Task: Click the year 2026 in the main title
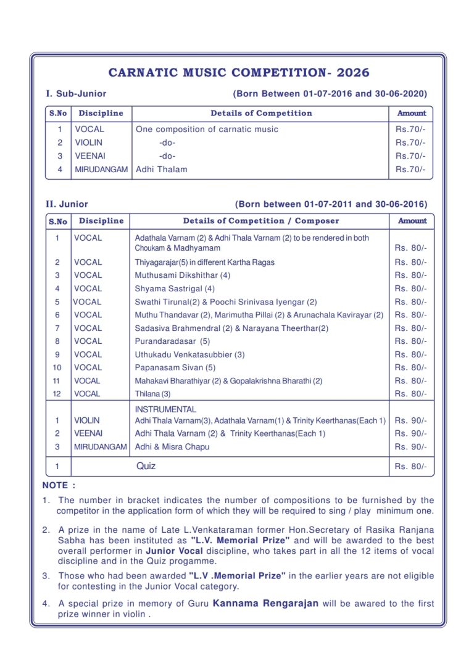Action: [354, 73]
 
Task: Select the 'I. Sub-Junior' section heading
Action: [76, 94]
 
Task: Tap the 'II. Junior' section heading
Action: [67, 204]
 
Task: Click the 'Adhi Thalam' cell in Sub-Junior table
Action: [161, 169]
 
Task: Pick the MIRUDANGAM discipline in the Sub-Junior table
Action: [101, 169]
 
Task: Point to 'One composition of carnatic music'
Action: [207, 130]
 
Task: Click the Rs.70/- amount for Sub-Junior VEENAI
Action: [410, 156]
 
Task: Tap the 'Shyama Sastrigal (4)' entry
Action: [175, 288]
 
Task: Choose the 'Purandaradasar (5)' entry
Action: [172, 341]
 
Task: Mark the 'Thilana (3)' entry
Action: [152, 394]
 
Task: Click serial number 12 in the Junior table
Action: [57, 394]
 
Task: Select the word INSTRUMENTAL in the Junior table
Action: [165, 409]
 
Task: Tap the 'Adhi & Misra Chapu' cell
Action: [172, 447]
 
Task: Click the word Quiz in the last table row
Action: [146, 466]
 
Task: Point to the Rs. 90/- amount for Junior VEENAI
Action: [410, 433]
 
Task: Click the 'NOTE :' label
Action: [59, 486]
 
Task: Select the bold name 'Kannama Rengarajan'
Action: [265, 603]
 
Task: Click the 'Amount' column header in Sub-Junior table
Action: [412, 114]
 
